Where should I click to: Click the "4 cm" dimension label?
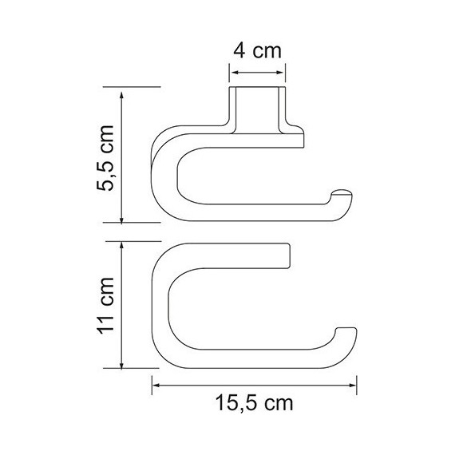[x=257, y=53]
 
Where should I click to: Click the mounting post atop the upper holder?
[x=258, y=108]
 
